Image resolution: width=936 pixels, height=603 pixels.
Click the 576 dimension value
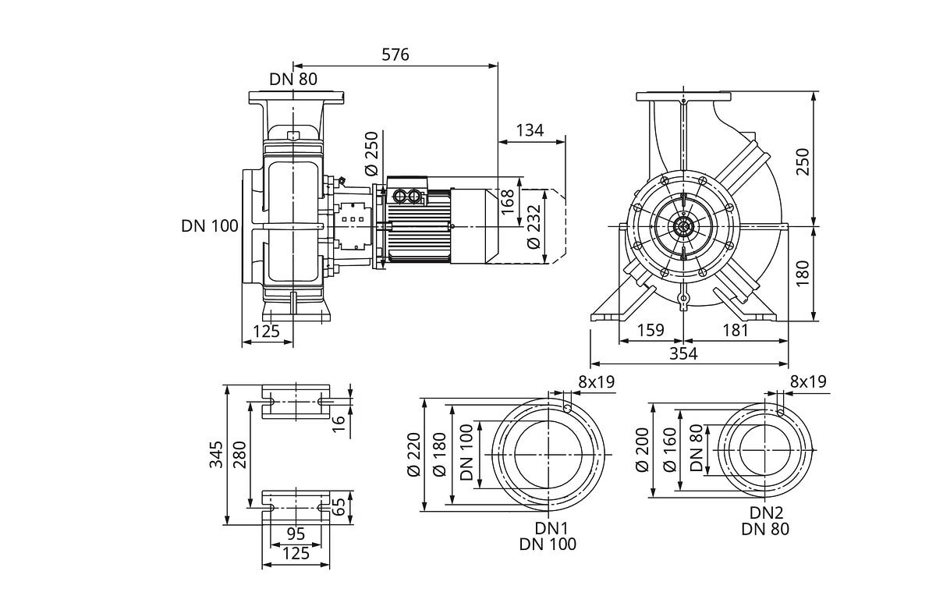click(395, 55)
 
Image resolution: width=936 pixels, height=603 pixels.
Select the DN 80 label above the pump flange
click(294, 79)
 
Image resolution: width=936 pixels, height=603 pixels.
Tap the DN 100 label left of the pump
click(210, 226)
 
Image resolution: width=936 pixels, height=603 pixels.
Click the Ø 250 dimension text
click(371, 155)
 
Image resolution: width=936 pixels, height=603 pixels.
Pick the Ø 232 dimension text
click(534, 227)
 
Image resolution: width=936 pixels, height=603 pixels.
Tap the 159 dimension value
click(650, 330)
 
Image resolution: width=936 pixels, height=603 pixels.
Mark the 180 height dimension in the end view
click(803, 273)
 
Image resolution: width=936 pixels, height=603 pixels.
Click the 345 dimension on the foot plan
click(216, 454)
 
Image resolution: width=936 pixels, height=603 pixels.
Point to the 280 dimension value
click(239, 454)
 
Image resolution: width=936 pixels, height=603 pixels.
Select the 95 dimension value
click(296, 534)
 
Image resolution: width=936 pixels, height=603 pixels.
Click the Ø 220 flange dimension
click(414, 455)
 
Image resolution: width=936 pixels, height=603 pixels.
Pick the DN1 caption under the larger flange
click(548, 527)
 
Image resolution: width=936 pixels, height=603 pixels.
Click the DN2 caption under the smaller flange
click(766, 513)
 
